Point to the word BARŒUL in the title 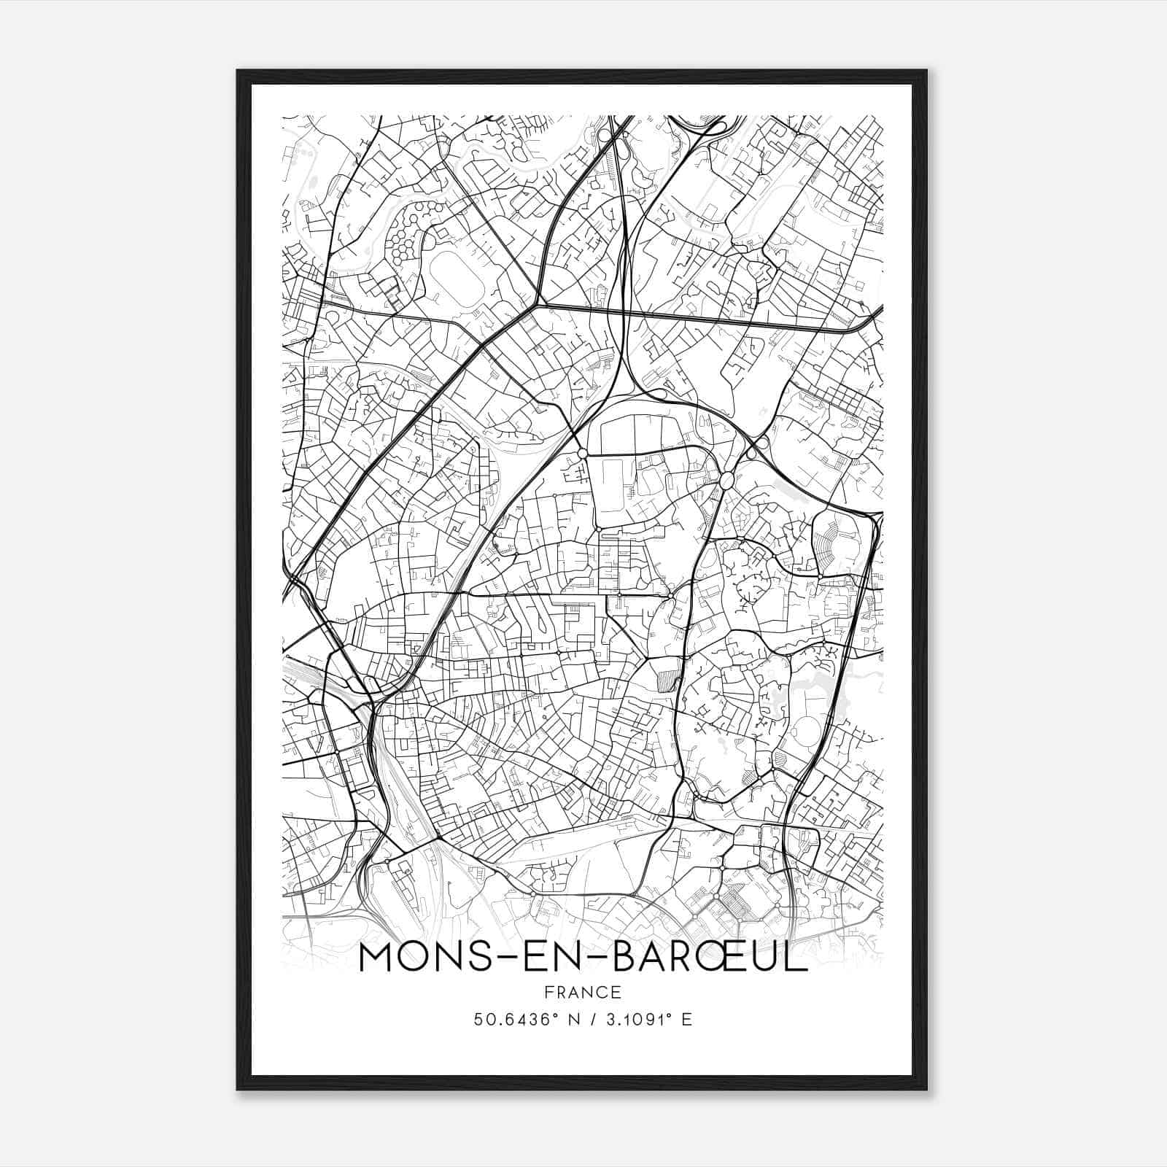tap(710, 958)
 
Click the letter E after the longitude tap(686, 1020)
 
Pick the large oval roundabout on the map tap(726, 480)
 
